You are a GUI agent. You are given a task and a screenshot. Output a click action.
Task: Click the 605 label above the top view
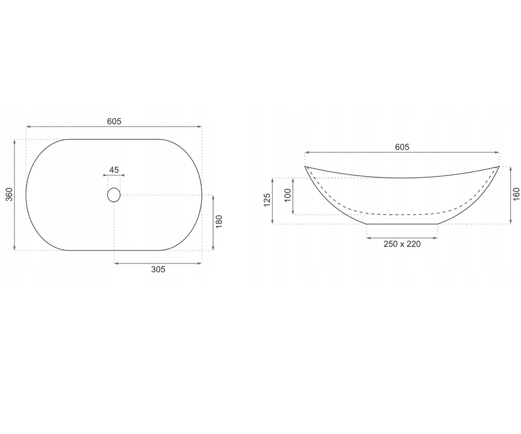tap(114, 121)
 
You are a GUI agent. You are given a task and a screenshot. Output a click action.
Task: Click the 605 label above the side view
tap(402, 147)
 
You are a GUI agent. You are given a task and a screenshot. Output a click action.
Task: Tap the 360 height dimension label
tap(9, 194)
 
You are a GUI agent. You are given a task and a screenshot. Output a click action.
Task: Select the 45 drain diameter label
tap(114, 170)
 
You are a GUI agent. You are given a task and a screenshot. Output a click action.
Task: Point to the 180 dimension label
tap(218, 221)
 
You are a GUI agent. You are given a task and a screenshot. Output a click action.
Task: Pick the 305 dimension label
tap(158, 269)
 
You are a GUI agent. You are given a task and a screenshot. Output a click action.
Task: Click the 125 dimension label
tap(267, 200)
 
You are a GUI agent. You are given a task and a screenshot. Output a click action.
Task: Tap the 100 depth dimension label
tap(288, 195)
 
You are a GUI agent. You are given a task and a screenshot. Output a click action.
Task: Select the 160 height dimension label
tap(516, 194)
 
